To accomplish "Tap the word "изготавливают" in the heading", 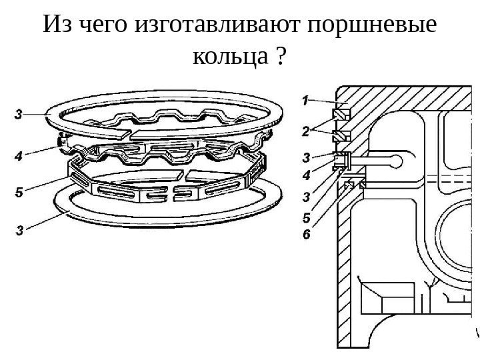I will coord(217,26).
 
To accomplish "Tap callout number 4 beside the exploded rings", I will coord(19,157).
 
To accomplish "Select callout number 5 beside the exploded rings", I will coord(19,193).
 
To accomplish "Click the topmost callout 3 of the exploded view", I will coord(19,115).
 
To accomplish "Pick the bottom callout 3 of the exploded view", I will coord(19,231).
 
